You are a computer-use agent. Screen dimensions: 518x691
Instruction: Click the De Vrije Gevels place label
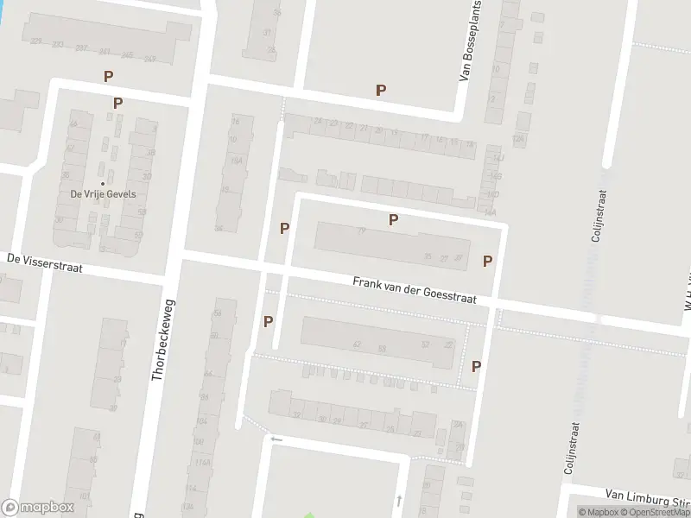tap(104, 194)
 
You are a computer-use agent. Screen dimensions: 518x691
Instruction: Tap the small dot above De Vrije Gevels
tap(104, 183)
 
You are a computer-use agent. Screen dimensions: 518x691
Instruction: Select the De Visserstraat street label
tap(44, 262)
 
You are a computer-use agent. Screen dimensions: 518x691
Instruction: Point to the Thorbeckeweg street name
tap(162, 340)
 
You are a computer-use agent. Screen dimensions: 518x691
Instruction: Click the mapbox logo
tap(38, 508)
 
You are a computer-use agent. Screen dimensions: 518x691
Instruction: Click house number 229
tap(35, 41)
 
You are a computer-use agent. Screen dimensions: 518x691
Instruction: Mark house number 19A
tap(236, 161)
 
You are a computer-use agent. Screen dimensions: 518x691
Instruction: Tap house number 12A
tap(518, 138)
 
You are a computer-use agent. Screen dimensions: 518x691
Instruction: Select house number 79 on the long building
tap(361, 231)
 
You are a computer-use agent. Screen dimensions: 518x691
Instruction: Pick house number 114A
tap(203, 463)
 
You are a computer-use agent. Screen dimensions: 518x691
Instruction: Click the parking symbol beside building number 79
tap(393, 219)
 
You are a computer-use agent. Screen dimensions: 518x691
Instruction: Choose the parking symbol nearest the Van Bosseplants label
tap(380, 90)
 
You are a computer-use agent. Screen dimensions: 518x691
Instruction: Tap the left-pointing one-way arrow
tap(276, 439)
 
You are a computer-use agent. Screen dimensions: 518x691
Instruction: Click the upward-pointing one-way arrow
tap(398, 500)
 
